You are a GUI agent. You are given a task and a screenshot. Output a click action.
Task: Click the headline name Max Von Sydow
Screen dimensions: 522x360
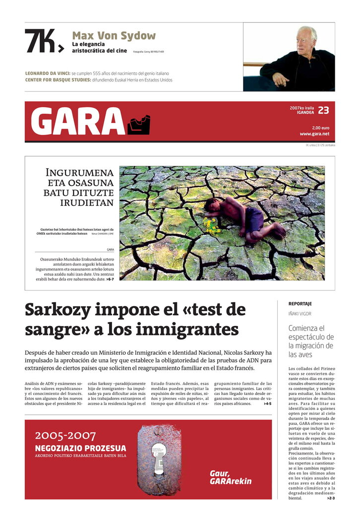pos(114,36)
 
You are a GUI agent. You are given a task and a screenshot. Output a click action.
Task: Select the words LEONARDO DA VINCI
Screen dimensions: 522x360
pos(47,73)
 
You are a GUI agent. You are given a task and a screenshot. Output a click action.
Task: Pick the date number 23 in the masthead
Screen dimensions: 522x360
pos(323,110)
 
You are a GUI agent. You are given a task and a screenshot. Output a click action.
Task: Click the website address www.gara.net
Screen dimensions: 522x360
pos(314,133)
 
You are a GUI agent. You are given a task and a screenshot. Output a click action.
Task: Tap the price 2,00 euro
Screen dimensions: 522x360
pos(320,128)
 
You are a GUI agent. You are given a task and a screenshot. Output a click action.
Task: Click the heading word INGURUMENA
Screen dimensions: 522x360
pos(79,173)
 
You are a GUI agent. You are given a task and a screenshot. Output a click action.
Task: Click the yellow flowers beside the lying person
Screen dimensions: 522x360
pos(212,226)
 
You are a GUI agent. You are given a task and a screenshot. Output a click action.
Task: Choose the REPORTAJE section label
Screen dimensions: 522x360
pos(300,303)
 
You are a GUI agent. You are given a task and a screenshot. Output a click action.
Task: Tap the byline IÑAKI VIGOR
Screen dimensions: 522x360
pos(300,314)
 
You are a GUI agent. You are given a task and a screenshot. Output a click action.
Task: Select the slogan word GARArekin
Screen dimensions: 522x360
pos(231,481)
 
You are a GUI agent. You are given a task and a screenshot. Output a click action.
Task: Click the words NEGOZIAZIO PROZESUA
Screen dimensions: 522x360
pos(80,448)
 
